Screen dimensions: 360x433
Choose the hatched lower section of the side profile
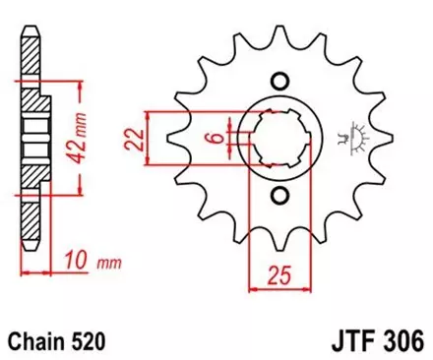(32, 177)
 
